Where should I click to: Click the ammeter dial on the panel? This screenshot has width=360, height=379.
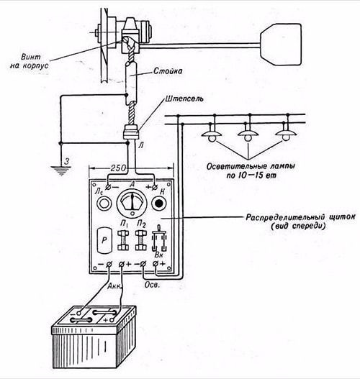tap(132, 203)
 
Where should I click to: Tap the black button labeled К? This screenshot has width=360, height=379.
tap(158, 204)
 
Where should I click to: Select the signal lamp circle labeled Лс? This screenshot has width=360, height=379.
tap(104, 204)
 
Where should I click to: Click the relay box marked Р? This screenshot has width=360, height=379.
tap(104, 240)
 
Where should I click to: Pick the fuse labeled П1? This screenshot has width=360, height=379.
tap(123, 240)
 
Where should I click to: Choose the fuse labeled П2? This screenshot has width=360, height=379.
tap(141, 240)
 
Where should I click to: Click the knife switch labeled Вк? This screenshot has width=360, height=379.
tap(159, 238)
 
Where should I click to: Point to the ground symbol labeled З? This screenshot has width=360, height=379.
tap(61, 170)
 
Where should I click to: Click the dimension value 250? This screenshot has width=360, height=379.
tap(118, 168)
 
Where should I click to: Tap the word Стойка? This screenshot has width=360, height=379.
tap(168, 71)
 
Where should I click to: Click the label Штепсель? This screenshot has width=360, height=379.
tap(184, 99)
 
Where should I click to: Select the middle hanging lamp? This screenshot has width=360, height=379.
tap(248, 135)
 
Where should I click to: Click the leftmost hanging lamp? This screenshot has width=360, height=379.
tap(212, 135)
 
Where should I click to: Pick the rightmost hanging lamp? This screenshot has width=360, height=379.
tap(286, 134)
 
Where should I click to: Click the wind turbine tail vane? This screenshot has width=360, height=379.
tap(281, 45)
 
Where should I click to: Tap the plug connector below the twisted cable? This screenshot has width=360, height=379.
tap(131, 132)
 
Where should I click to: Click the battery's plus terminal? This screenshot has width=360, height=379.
tap(112, 320)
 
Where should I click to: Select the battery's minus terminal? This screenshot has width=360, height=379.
tap(78, 314)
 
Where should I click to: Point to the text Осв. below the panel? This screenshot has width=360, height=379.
tap(152, 285)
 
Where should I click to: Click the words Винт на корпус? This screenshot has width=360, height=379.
tap(29, 61)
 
